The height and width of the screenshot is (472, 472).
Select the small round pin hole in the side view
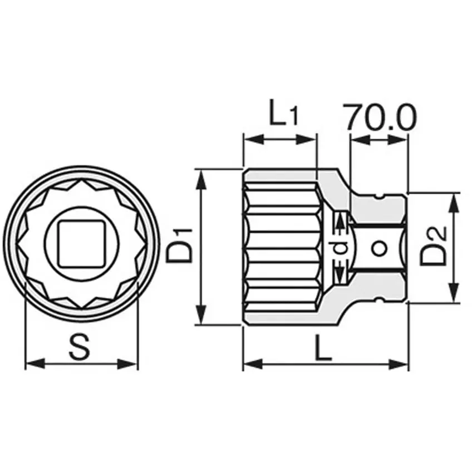click(380, 248)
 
